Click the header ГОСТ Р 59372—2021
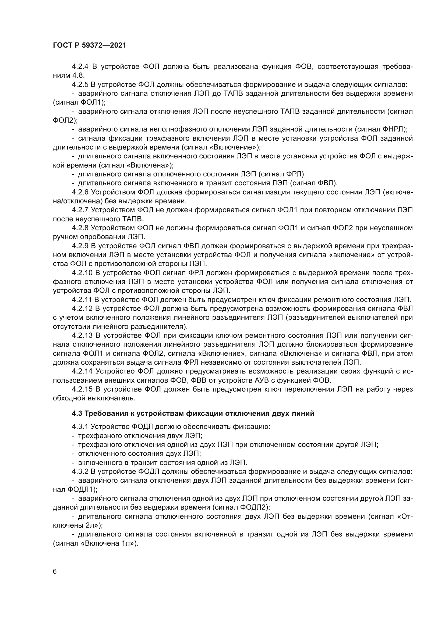coord(90,45)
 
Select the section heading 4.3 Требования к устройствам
coord(193,413)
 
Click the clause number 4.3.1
coord(80,427)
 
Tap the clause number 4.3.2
coord(80,471)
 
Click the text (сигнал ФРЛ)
coord(282,174)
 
